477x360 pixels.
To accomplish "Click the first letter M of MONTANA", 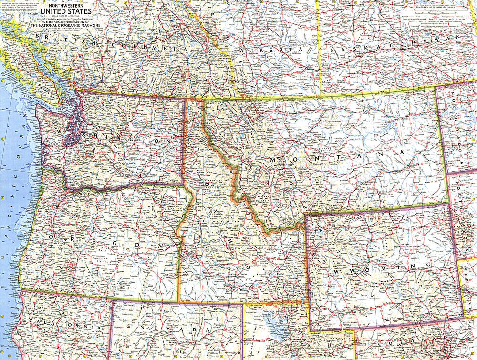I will (x=273, y=160).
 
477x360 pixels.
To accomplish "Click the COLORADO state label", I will (x=420, y=341).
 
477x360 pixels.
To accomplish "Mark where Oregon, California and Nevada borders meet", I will (x=112, y=300).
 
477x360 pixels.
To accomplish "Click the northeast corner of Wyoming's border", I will (x=449, y=204).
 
